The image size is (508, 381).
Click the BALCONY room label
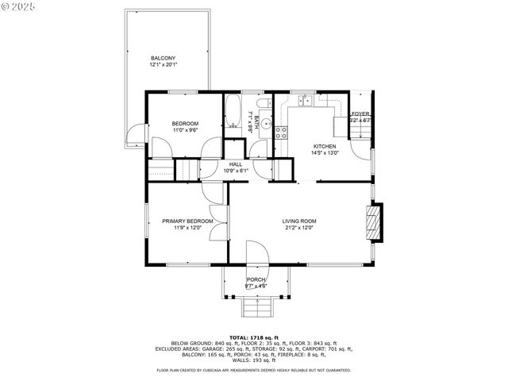(x=163, y=58)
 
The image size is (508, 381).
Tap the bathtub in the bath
(x=233, y=112)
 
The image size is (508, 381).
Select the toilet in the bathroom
(x=267, y=108)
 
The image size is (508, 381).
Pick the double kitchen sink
(x=305, y=101)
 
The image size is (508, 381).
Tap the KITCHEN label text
(x=324, y=146)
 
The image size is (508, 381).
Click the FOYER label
(x=360, y=114)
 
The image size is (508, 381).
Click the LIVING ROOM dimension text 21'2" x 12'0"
(x=299, y=228)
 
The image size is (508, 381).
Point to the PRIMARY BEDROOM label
(x=187, y=221)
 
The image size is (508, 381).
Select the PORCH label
(x=256, y=279)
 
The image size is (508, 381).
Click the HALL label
(x=236, y=164)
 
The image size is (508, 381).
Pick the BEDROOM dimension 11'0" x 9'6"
(x=185, y=130)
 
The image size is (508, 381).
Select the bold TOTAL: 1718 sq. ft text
(x=254, y=337)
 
